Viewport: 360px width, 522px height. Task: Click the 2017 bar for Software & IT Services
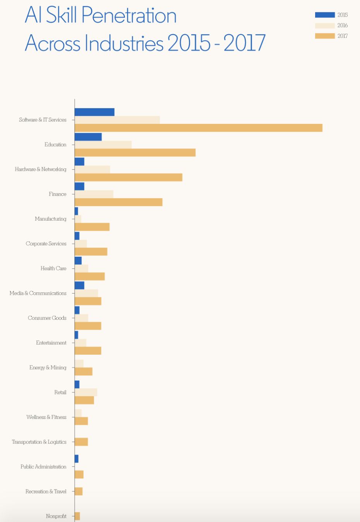[199, 128]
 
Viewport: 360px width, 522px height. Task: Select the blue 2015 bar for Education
[88, 137]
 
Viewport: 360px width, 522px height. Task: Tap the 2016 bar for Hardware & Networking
[92, 169]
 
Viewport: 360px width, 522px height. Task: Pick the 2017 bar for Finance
[118, 202]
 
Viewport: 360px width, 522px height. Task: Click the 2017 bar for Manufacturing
[92, 227]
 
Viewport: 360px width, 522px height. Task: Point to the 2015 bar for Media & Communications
[79, 285]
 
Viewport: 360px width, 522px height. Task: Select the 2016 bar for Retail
[86, 392]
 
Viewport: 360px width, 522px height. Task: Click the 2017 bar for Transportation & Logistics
[81, 441]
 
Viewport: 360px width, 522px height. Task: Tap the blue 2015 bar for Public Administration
[76, 458]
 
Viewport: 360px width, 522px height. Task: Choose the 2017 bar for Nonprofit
[77, 516]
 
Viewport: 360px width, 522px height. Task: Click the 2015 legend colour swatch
[325, 15]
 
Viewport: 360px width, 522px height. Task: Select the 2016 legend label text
[343, 26]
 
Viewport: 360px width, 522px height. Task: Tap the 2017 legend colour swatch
[325, 36]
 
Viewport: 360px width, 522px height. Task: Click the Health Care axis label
[53, 268]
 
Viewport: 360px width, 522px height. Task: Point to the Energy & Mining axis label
[48, 367]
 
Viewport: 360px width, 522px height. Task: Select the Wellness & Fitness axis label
[46, 417]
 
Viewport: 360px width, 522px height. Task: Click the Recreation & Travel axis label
[46, 491]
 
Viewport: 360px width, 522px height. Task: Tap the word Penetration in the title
[129, 15]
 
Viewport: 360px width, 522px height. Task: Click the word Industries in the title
[124, 43]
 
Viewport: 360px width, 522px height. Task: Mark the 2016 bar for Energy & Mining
[79, 364]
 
